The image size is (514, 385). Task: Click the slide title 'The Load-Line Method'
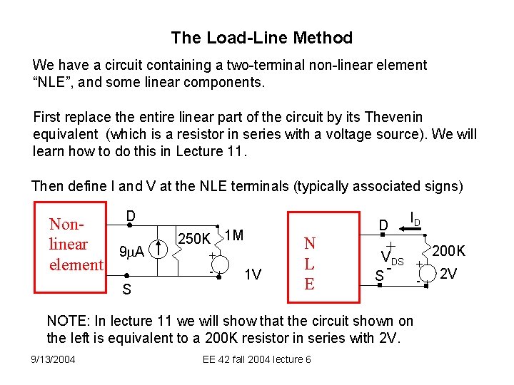261,38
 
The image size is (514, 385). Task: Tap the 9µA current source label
131,251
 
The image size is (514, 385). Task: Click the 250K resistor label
193,239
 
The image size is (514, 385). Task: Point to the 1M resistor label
233,235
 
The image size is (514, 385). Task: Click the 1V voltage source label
253,274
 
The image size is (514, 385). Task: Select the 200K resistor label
449,251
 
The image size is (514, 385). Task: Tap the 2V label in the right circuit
448,273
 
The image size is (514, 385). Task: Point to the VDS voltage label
392,259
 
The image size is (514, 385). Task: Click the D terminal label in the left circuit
131,215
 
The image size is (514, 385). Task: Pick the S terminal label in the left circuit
126,289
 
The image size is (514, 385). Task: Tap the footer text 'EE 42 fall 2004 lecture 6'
257,359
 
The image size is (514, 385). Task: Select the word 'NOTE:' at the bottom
67,321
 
